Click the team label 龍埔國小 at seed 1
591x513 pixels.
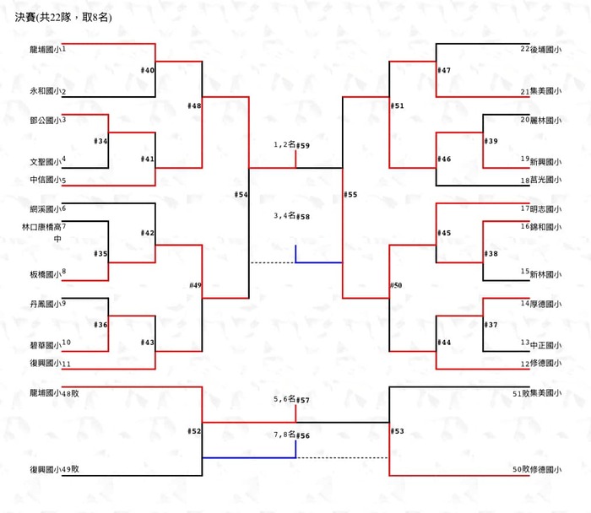45,50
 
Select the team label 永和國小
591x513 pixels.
45,91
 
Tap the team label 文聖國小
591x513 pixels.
45,161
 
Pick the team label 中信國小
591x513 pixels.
45,181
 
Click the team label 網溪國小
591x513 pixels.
45,208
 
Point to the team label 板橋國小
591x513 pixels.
45,274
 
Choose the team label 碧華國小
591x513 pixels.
45,345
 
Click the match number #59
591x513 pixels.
303,146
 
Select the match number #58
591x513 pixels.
303,217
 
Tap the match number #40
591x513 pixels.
148,71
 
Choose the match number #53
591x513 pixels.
398,432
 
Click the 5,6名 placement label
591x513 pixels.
285,398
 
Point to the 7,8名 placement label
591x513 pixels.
285,435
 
